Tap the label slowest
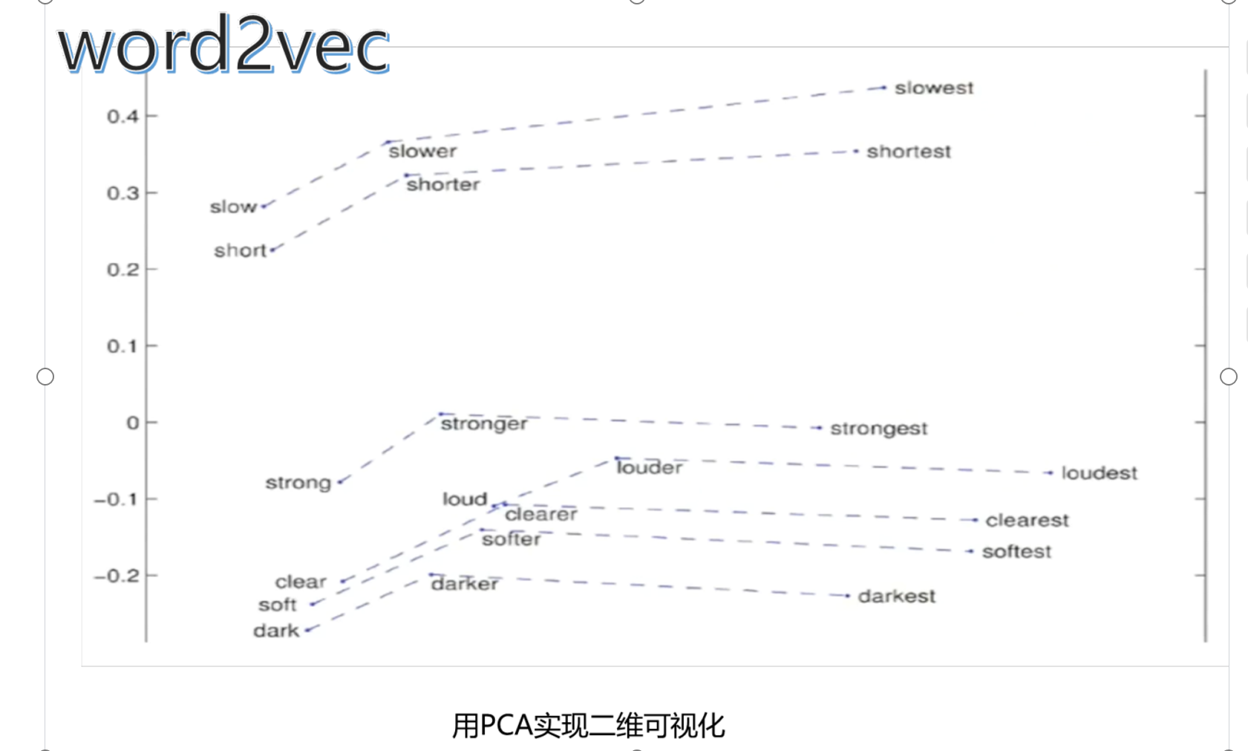point(933,88)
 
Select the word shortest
point(908,152)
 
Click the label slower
point(422,152)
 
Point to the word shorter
point(442,184)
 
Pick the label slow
point(232,207)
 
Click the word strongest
point(878,429)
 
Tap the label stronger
point(484,423)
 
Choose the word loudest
point(1099,473)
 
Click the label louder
point(649,467)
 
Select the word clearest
point(1027,520)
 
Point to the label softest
point(1016,552)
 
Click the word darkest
point(896,596)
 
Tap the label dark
point(275,631)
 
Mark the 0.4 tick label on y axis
point(122,117)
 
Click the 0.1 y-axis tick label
point(122,346)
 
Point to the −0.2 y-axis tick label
point(117,576)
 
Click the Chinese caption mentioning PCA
point(588,726)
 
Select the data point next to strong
point(340,482)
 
